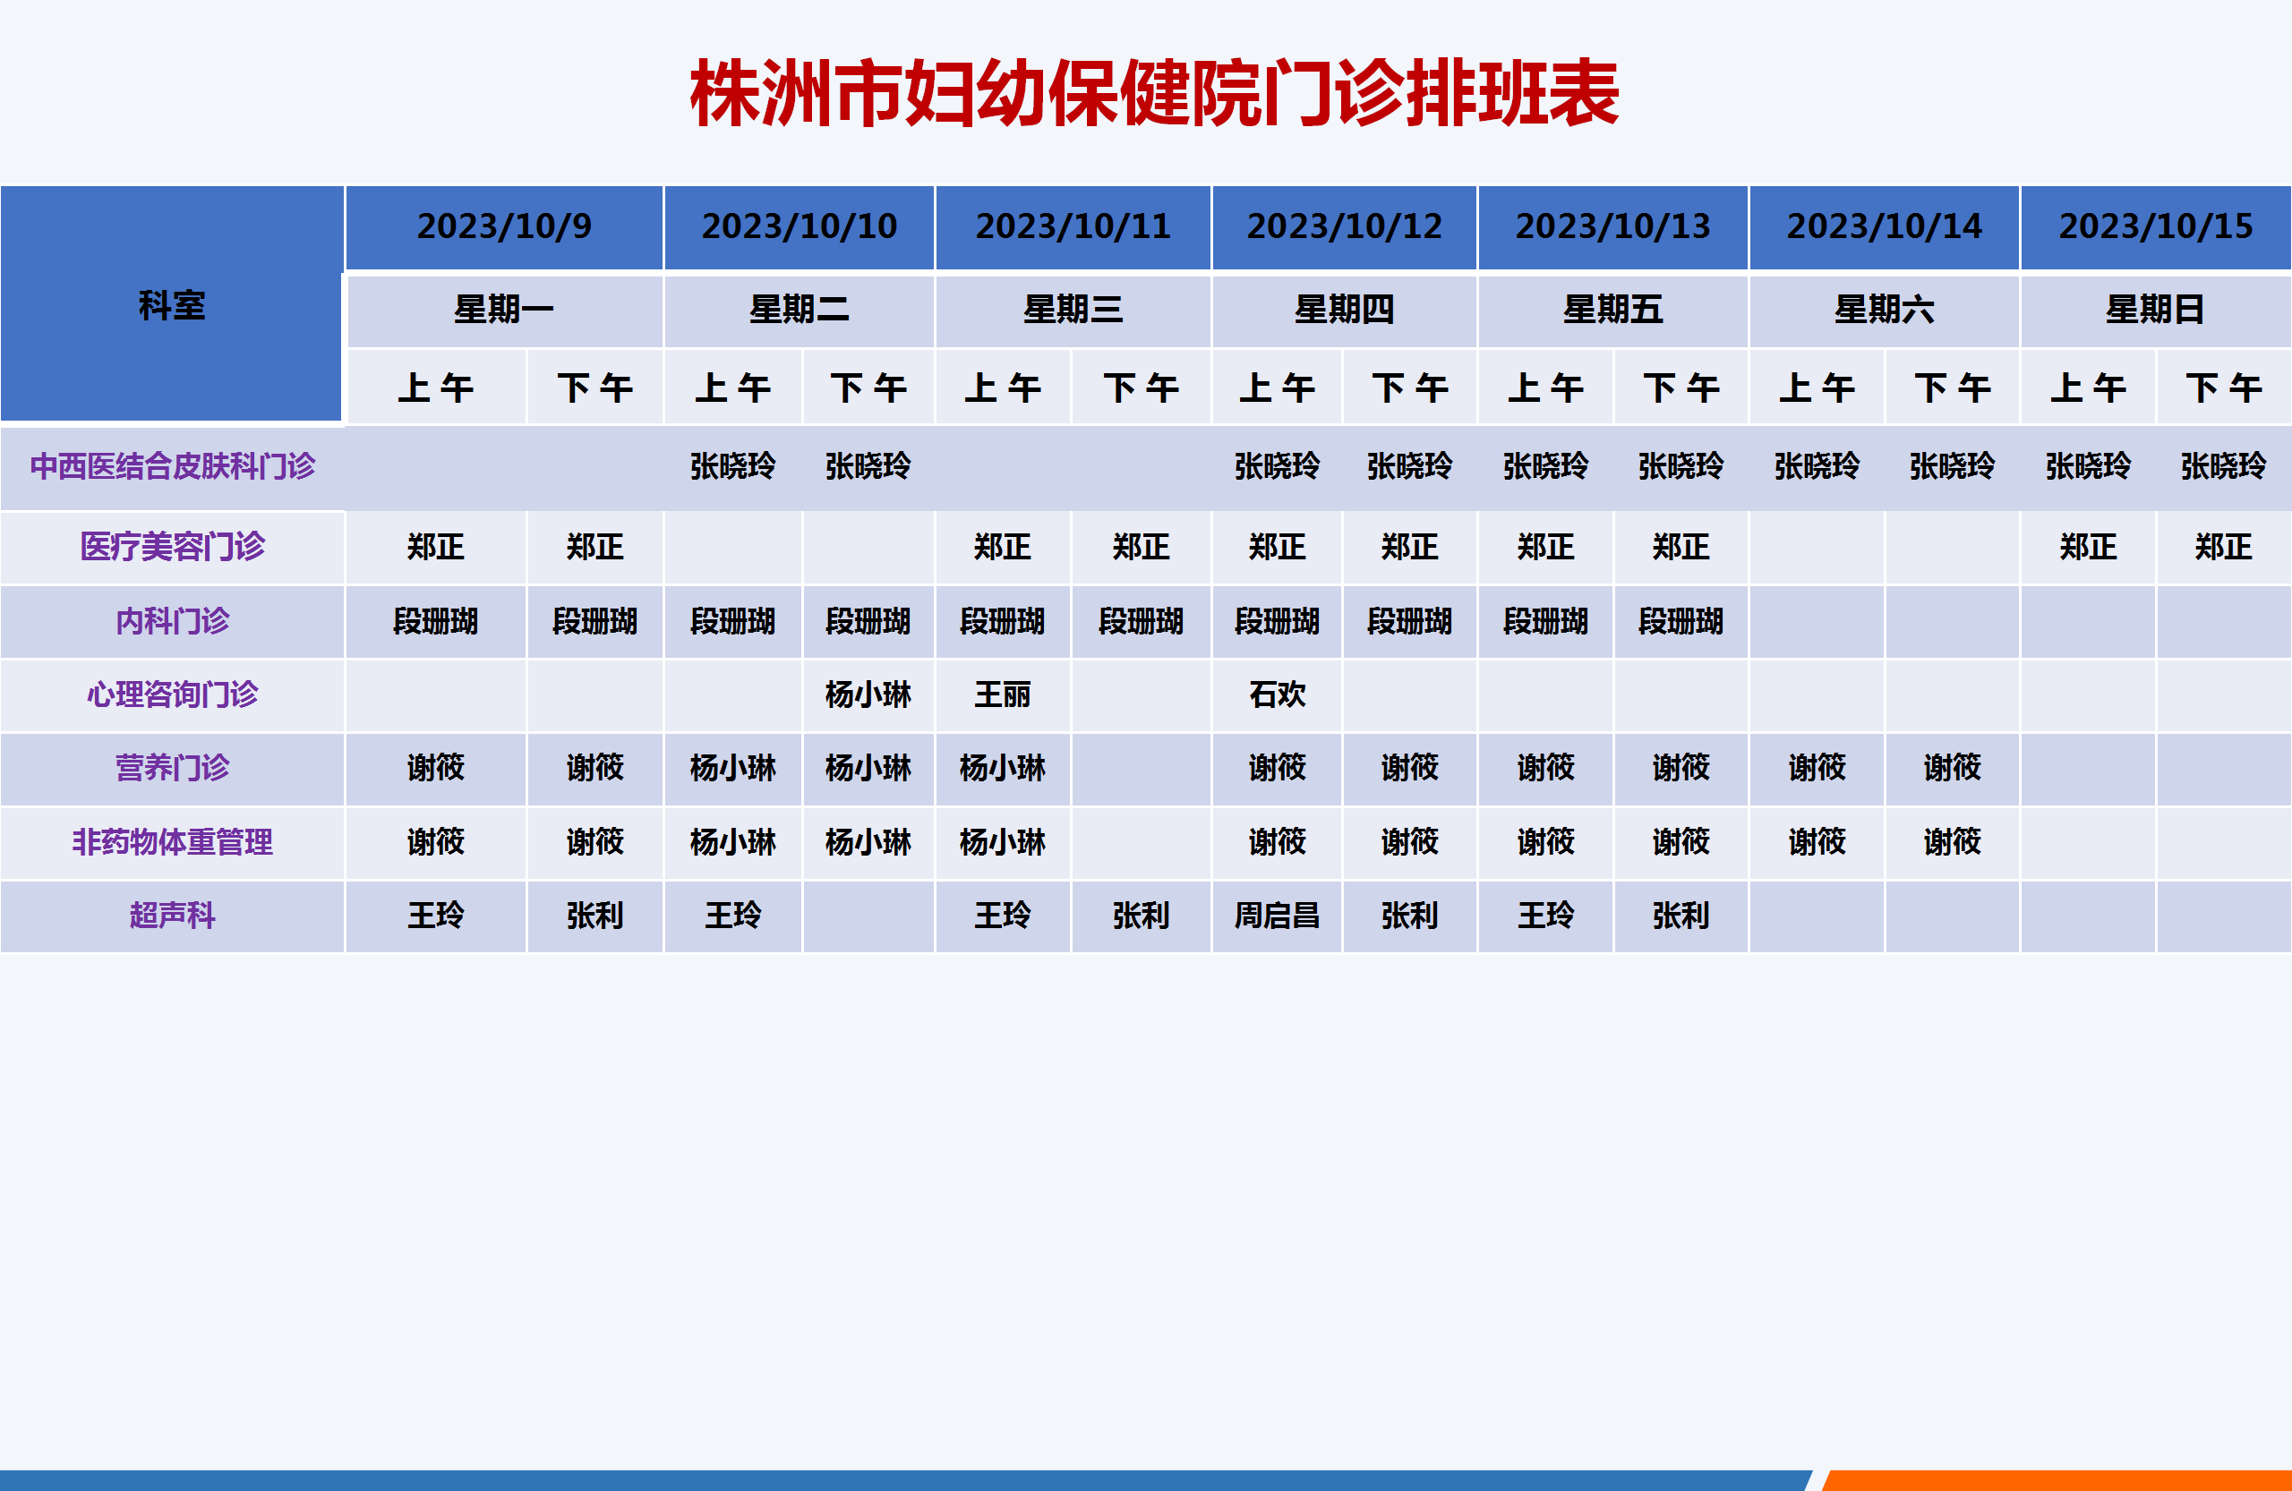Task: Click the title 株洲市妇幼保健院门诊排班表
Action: (x=1154, y=92)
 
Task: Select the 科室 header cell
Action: (x=171, y=305)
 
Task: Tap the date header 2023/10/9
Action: (x=504, y=226)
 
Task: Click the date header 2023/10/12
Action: (x=1345, y=226)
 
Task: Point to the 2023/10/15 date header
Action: (x=2155, y=226)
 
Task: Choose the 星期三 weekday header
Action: (x=1073, y=310)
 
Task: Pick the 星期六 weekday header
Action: (x=1884, y=310)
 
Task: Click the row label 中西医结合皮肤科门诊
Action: (x=173, y=466)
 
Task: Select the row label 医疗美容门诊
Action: (x=173, y=547)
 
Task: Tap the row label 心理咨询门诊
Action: (x=173, y=694)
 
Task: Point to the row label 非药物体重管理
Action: (x=173, y=842)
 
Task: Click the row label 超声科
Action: (x=173, y=915)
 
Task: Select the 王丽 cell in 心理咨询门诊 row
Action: (x=1003, y=694)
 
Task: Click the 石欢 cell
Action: (x=1277, y=694)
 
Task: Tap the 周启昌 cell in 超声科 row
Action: (x=1277, y=915)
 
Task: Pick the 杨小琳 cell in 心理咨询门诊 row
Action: (x=868, y=694)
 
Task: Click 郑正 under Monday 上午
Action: (x=435, y=547)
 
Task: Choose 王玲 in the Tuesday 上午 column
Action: (x=733, y=915)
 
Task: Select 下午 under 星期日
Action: (x=2224, y=388)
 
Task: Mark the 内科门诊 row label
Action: (x=173, y=621)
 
